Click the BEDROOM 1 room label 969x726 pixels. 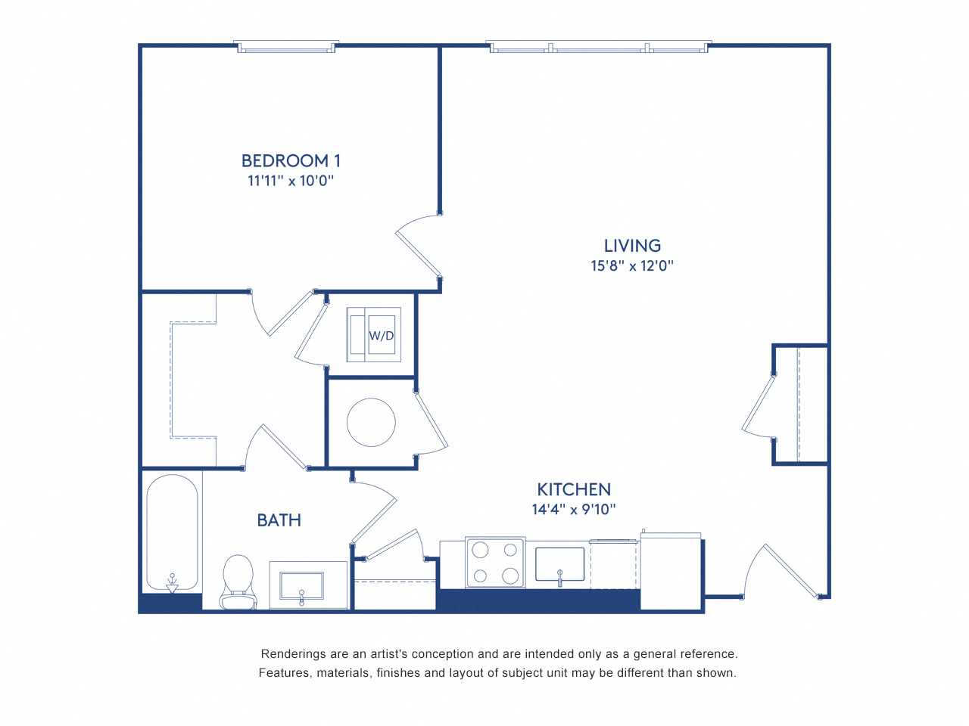(291, 160)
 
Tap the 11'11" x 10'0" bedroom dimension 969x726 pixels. (291, 181)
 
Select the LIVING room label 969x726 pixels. (632, 246)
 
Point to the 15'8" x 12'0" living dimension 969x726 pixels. (632, 265)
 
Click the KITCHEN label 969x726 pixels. (574, 489)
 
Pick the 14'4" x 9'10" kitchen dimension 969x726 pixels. (574, 510)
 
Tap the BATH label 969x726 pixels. (279, 520)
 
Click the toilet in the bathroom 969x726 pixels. (238, 581)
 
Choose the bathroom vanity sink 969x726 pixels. (301, 586)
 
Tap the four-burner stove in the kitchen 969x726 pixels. (495, 562)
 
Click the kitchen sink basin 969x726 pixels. (559, 564)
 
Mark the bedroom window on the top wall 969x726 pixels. (286, 47)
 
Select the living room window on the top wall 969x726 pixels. (598, 47)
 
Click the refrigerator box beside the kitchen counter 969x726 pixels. (671, 572)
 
